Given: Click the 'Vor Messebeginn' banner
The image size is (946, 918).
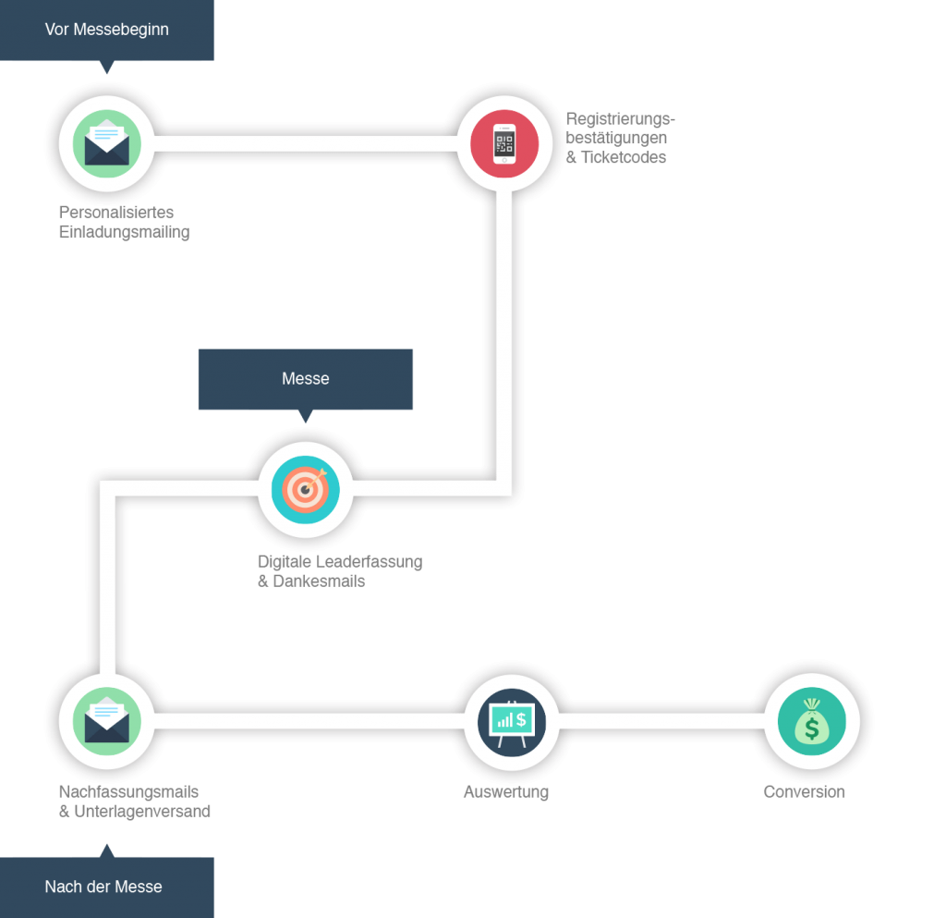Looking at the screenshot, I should click(x=106, y=30).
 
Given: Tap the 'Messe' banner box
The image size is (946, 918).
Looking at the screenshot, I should click(x=305, y=378).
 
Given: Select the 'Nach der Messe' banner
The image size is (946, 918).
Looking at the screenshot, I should click(x=103, y=887).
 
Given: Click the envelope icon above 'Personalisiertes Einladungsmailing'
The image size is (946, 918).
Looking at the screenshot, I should click(x=106, y=143).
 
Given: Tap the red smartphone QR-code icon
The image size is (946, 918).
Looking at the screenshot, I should click(x=503, y=143).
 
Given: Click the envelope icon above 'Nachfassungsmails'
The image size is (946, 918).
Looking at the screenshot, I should click(x=106, y=720).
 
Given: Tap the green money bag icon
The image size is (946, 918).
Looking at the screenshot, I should click(x=811, y=720).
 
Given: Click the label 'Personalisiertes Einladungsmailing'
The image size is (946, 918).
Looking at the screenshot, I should click(x=124, y=222).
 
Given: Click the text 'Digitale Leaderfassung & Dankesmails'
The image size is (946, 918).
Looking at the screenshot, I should click(x=339, y=571).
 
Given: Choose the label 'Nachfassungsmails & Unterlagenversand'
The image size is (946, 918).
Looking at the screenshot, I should click(x=134, y=802).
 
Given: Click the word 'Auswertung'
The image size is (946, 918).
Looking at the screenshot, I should click(x=505, y=792).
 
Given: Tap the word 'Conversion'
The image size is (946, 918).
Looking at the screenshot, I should click(x=804, y=792).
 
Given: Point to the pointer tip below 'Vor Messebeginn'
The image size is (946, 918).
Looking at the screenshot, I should click(x=107, y=68).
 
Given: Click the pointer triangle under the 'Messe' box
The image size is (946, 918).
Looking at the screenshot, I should click(x=305, y=417).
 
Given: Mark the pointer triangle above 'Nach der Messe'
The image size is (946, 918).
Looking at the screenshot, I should click(x=107, y=849).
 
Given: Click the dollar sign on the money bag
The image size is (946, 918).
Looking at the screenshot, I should click(x=811, y=728).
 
